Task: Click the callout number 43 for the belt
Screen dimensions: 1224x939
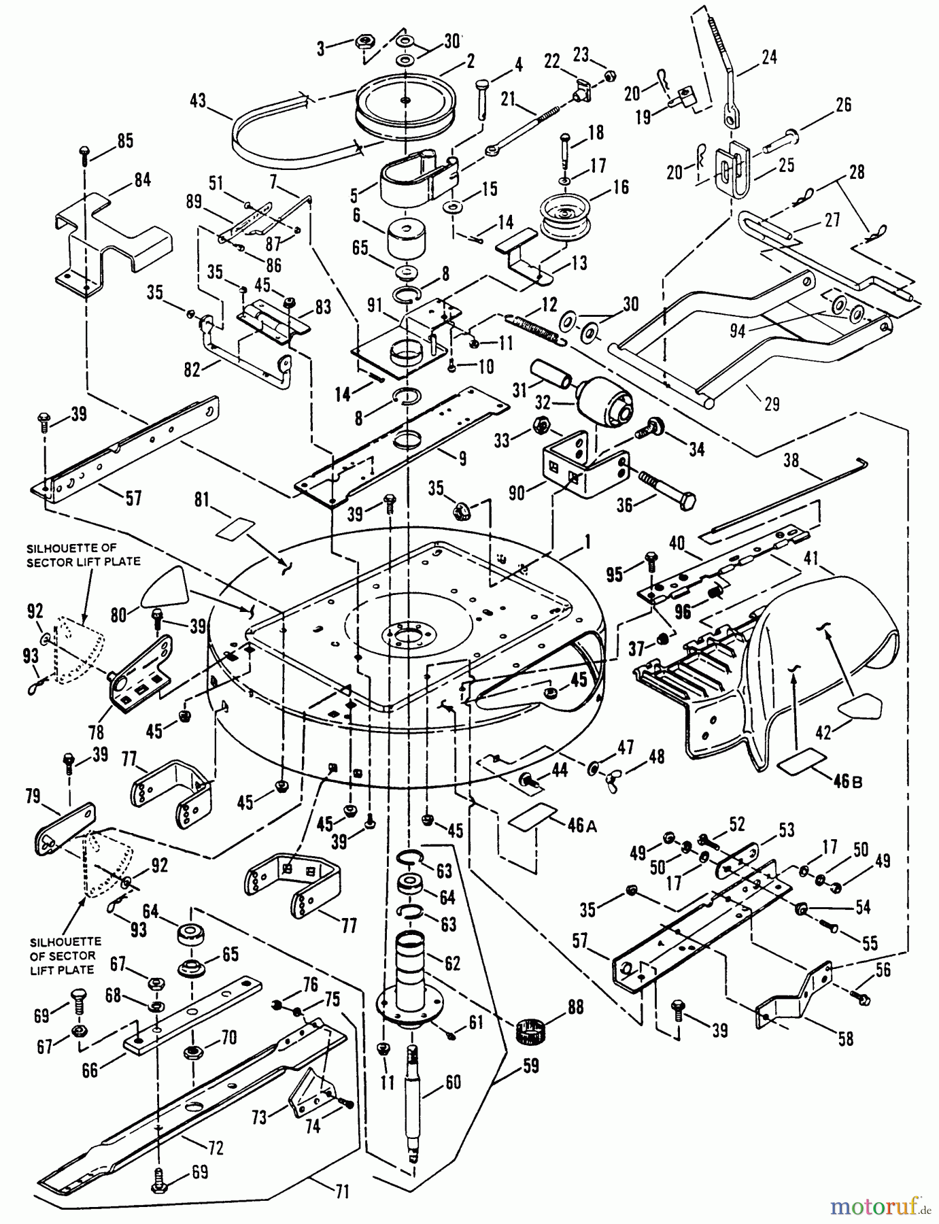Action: point(198,100)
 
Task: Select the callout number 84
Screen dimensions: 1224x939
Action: point(143,181)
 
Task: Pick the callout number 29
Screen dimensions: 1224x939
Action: point(771,404)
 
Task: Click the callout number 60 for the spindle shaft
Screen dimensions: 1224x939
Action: point(452,1083)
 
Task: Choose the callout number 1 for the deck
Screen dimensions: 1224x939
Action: point(586,542)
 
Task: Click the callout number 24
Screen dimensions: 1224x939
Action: point(768,57)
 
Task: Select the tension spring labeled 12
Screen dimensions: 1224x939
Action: point(538,327)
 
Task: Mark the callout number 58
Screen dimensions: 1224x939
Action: point(845,1038)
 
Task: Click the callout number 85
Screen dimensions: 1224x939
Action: point(124,141)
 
